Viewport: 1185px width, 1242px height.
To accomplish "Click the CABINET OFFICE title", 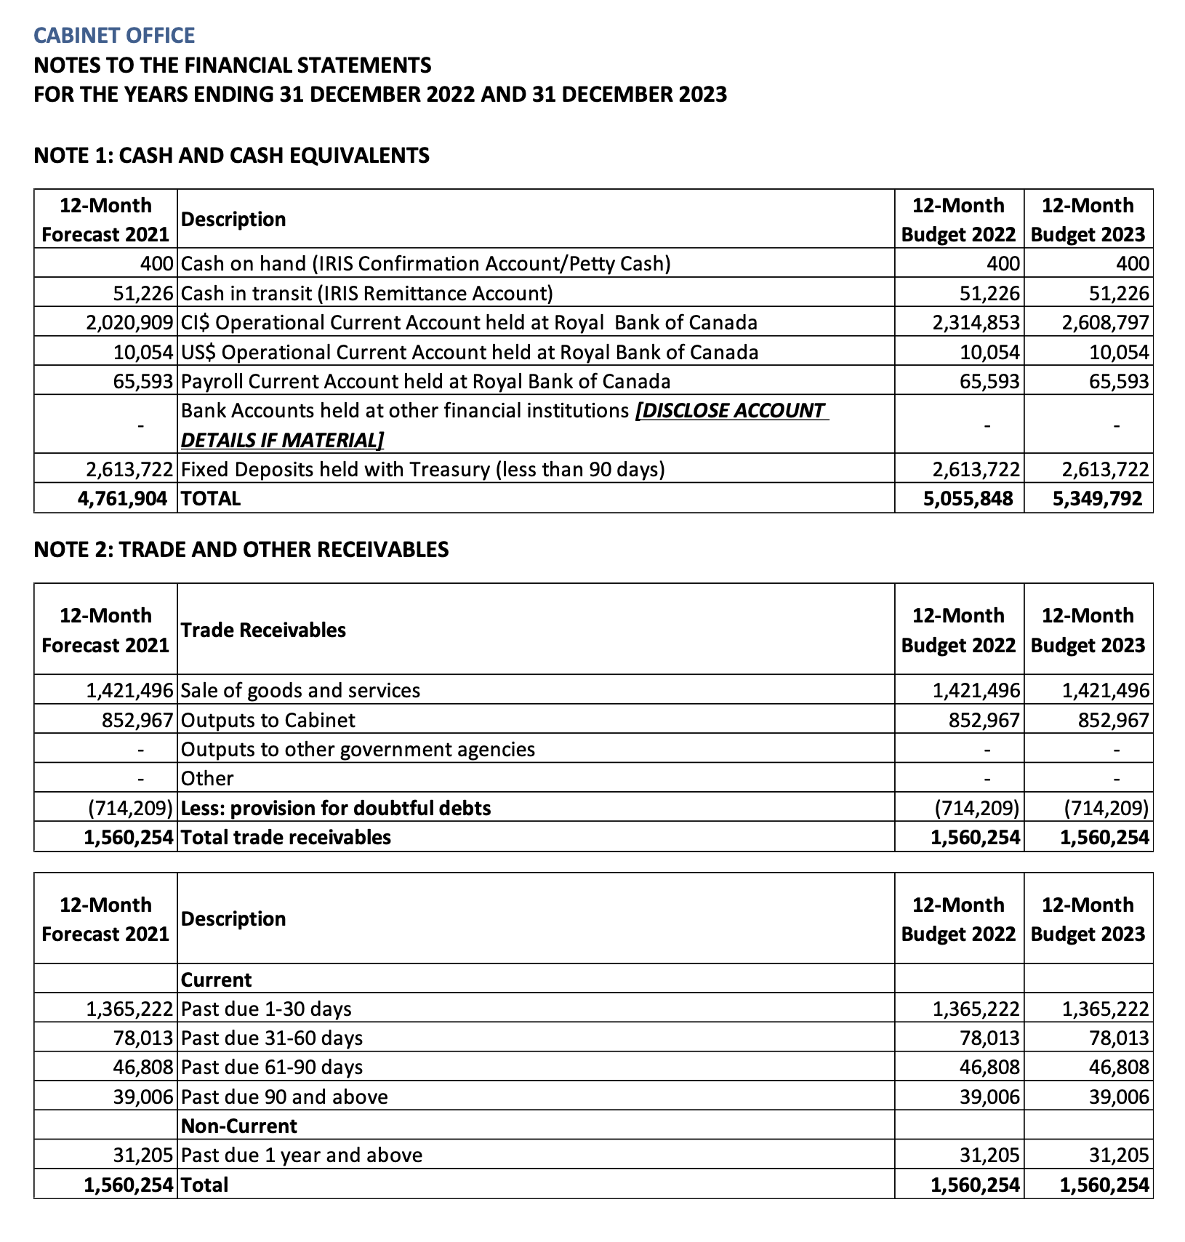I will click(114, 36).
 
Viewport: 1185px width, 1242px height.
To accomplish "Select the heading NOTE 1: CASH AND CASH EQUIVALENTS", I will click(231, 155).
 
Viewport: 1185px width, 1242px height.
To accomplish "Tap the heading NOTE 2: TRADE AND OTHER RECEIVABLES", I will click(241, 549).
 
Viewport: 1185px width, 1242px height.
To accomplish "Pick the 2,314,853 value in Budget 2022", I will click(976, 322).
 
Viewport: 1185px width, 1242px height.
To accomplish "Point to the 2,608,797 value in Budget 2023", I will click(1105, 322).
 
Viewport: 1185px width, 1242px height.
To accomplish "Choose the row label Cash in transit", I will click(366, 293).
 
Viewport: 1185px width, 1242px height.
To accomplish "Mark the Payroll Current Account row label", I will click(425, 381).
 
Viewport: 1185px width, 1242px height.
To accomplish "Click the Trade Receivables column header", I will click(263, 630).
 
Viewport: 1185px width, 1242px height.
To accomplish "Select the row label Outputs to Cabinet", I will click(268, 720).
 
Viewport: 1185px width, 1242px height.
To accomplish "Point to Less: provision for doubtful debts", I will click(336, 808).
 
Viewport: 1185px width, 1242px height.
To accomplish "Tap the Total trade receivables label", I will click(286, 837).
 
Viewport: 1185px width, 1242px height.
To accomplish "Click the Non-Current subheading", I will click(238, 1126).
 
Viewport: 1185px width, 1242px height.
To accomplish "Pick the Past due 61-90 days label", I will click(272, 1067).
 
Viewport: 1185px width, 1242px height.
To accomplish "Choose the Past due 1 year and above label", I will click(301, 1155).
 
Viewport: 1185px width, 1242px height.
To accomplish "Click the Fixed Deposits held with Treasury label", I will click(422, 469).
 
